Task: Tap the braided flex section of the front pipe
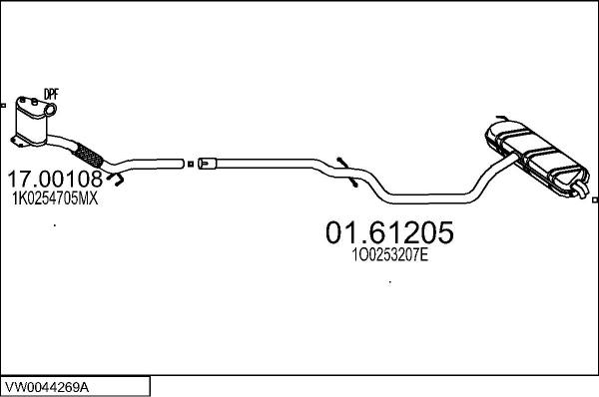(x=89, y=155)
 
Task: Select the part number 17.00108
(x=55, y=181)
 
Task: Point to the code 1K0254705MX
(x=55, y=198)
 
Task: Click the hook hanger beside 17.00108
(x=117, y=181)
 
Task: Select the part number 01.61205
(x=389, y=233)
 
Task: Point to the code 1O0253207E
(x=389, y=255)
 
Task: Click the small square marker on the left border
(x=3, y=103)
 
